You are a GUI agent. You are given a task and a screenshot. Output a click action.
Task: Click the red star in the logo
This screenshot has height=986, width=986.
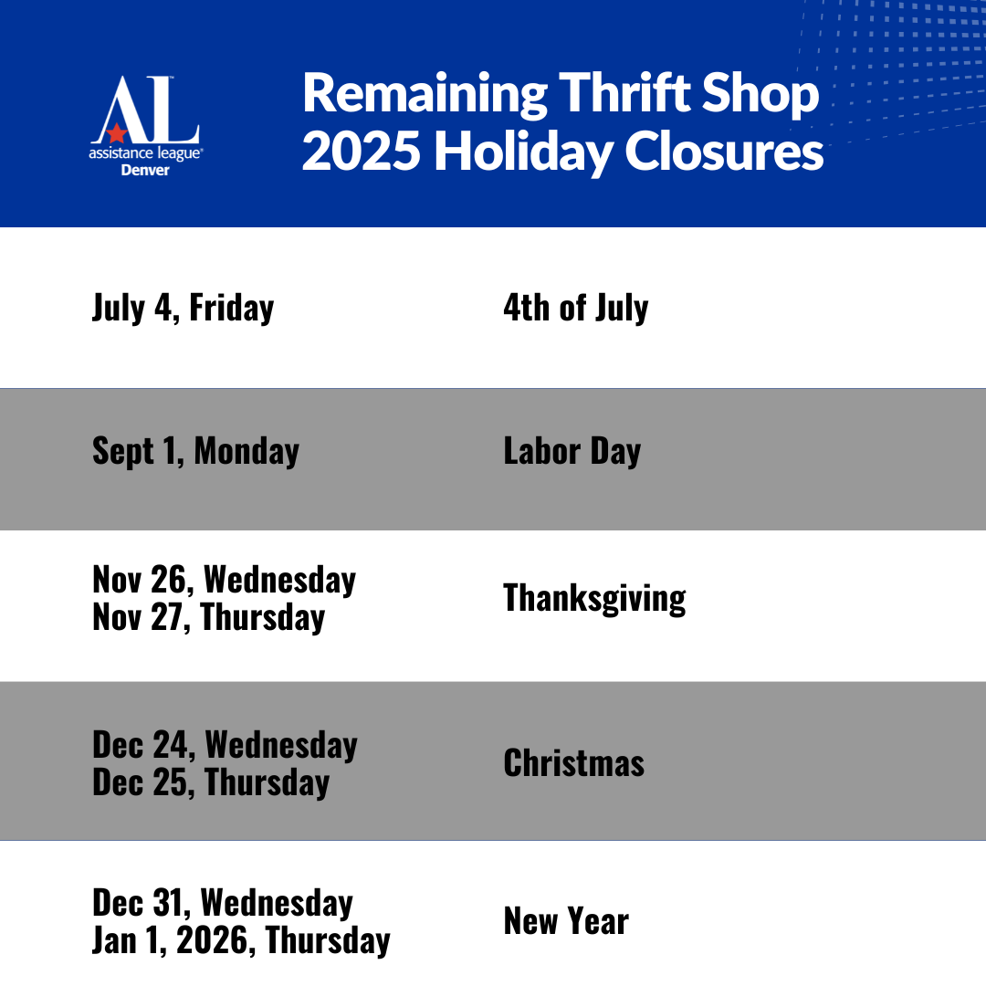[116, 132]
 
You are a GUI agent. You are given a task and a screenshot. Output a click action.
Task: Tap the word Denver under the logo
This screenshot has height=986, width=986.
[145, 171]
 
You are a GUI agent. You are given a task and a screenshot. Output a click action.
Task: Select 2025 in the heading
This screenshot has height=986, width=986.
[361, 151]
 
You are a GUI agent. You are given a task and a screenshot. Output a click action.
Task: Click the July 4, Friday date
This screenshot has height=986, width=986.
[183, 309]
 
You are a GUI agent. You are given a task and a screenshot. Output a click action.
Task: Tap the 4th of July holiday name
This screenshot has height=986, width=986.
[575, 309]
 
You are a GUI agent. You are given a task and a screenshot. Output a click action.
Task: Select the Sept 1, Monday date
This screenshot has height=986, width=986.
[195, 452]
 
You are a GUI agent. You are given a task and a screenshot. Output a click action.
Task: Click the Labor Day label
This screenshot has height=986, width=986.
[572, 452]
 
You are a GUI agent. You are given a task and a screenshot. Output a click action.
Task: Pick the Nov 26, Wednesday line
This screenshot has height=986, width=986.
[225, 579]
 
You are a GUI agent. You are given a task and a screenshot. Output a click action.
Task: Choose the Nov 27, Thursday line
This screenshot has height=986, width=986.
[209, 617]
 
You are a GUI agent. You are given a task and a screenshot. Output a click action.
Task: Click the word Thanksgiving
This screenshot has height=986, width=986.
[594, 598]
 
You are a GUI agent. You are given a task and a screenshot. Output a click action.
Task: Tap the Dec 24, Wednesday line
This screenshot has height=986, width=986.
[226, 745]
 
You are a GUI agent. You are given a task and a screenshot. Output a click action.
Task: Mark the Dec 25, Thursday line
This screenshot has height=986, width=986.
[211, 782]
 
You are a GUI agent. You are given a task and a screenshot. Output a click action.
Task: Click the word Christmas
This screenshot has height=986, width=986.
[574, 763]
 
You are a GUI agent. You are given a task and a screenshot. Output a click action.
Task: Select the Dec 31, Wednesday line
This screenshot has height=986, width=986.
[223, 903]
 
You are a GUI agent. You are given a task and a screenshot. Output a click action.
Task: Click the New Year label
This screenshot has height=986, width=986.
[566, 921]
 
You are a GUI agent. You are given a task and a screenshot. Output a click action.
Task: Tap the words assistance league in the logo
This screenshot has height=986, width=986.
[145, 153]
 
